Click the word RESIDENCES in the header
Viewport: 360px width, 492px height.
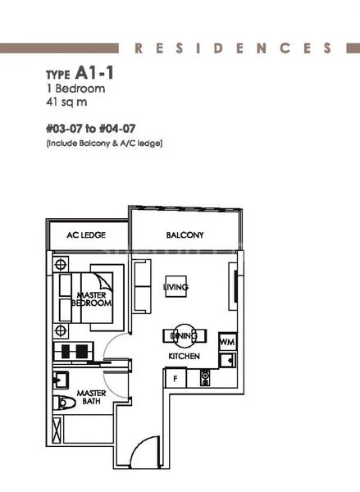pyautogui.click(x=235, y=48)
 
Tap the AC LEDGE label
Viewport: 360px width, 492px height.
pyautogui.click(x=86, y=235)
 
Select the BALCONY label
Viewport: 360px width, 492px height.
pyautogui.click(x=185, y=235)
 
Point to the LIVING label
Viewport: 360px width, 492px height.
pyautogui.click(x=176, y=287)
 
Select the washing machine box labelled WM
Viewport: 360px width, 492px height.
pyautogui.click(x=227, y=340)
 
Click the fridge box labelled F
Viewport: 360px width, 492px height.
pyautogui.click(x=175, y=378)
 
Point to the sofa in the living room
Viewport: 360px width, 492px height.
pyautogui.click(x=142, y=283)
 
